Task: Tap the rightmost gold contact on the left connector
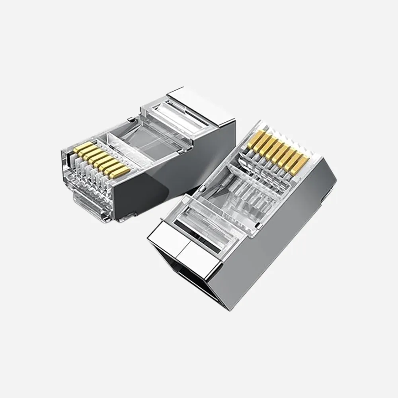pos(122,172)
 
